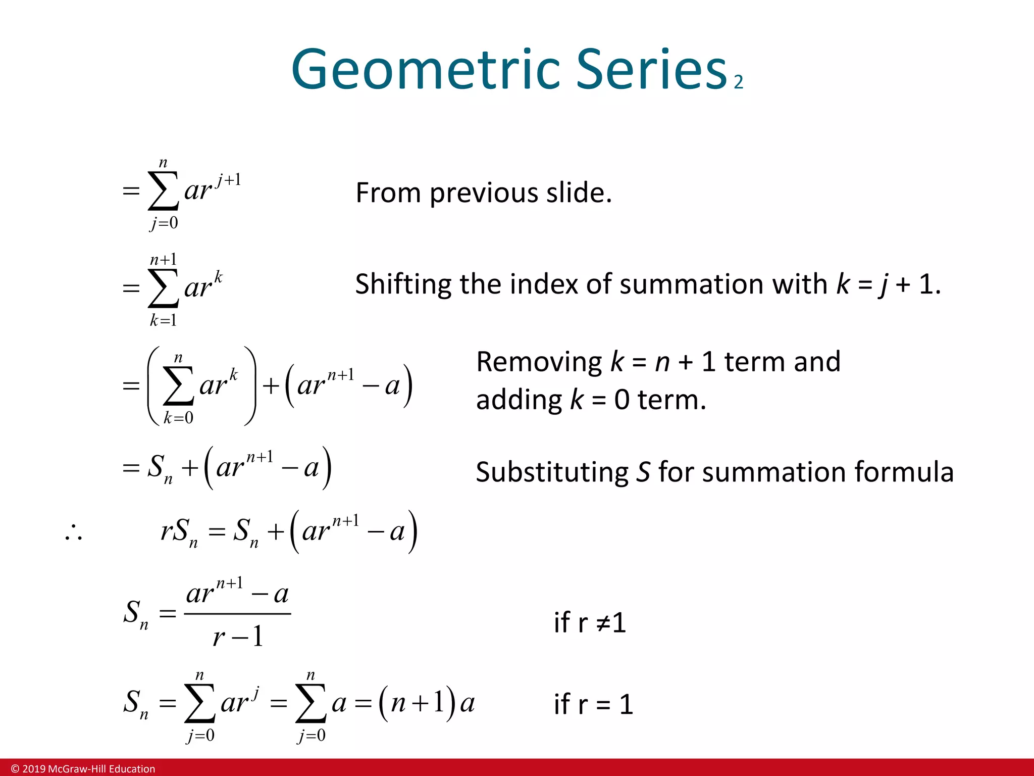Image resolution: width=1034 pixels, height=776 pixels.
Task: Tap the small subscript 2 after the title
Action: (738, 82)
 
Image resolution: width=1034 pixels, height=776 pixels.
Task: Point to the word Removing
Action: (539, 362)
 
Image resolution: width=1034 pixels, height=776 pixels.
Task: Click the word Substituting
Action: (552, 472)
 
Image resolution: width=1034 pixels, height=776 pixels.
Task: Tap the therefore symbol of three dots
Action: (74, 533)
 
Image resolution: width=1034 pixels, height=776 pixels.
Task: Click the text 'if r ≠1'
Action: (589, 622)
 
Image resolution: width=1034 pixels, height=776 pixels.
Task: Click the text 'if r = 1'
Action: (593, 704)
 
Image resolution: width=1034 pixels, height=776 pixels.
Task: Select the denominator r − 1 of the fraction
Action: (238, 637)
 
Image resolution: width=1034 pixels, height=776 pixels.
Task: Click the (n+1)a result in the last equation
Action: (427, 703)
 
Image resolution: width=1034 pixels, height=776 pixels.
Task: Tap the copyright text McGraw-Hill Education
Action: (83, 769)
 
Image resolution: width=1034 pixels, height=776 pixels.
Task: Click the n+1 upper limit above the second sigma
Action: (164, 260)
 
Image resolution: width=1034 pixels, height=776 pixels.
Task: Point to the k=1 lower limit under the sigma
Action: (163, 320)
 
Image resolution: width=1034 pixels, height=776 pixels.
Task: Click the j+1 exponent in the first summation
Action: (228, 180)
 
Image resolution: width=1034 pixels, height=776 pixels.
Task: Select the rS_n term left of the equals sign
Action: (179, 532)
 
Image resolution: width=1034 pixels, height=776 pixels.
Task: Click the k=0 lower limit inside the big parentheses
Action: (178, 418)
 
